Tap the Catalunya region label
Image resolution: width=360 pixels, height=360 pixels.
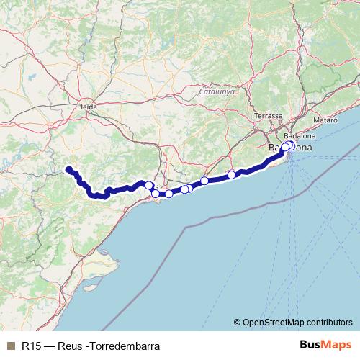coord(217,91)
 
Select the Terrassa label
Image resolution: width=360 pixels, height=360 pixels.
coord(269,115)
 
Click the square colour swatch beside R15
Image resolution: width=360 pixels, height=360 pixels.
coord(9,346)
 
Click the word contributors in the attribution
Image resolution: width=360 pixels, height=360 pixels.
coord(328,322)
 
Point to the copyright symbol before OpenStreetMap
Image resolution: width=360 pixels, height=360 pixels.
coord(238,322)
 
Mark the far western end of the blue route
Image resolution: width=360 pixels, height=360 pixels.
coord(68,169)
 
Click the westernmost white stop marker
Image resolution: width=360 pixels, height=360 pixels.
coord(149,186)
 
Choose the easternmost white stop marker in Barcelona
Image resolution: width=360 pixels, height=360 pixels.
coord(290,145)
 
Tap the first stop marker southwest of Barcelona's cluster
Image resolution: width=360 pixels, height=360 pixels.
coord(232,175)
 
